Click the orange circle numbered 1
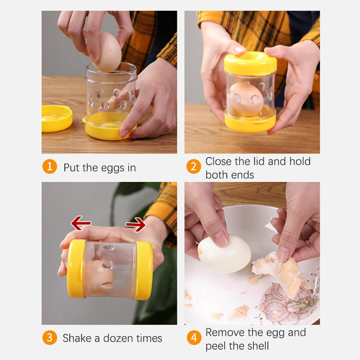[49, 166]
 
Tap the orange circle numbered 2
[193, 166]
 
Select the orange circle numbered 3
[49, 337]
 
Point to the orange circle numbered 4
[194, 337]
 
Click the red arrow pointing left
[81, 223]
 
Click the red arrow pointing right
[136, 225]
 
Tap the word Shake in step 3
[77, 338]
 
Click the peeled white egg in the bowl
[224, 254]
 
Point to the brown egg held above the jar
[107, 52]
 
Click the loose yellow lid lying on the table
[57, 119]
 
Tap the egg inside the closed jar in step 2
[246, 99]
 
